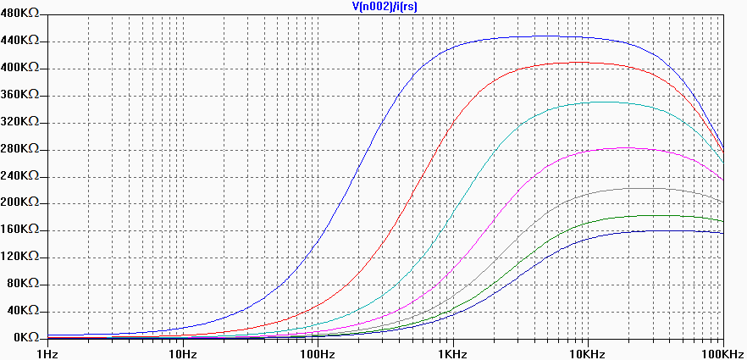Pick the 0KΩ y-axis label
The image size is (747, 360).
[25, 337]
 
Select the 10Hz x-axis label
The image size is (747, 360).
[181, 352]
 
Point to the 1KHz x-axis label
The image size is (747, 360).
[452, 352]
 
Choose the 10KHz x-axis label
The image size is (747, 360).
[588, 352]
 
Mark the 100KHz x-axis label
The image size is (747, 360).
[723, 352]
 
